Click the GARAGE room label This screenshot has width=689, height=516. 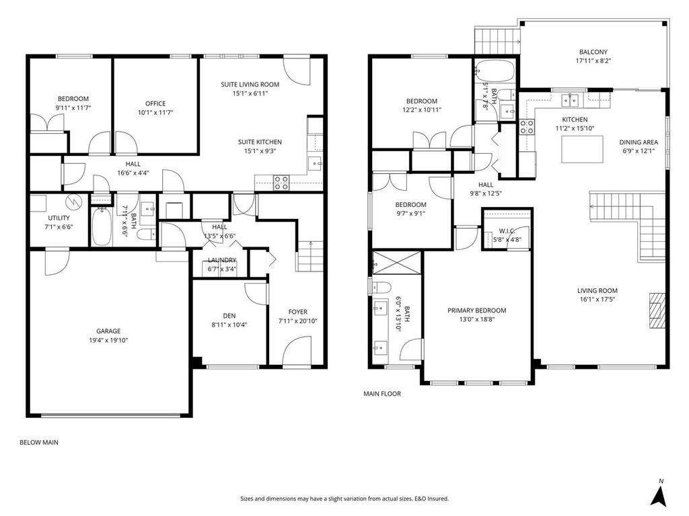(x=108, y=331)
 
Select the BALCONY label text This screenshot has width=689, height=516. (x=593, y=52)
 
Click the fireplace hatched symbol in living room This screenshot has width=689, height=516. (x=657, y=310)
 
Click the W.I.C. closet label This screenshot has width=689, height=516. (x=507, y=230)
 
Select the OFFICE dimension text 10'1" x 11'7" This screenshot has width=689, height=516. (x=155, y=112)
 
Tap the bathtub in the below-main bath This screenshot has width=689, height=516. (x=104, y=226)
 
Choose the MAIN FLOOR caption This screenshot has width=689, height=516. (x=382, y=394)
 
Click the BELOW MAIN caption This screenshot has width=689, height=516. (x=39, y=443)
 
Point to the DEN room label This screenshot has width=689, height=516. (x=229, y=315)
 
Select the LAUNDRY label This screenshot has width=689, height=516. (x=221, y=260)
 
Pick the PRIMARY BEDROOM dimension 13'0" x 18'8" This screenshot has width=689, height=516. (x=476, y=320)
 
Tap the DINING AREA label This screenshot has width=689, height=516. (x=639, y=142)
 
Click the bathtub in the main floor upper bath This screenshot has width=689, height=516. (x=495, y=71)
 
